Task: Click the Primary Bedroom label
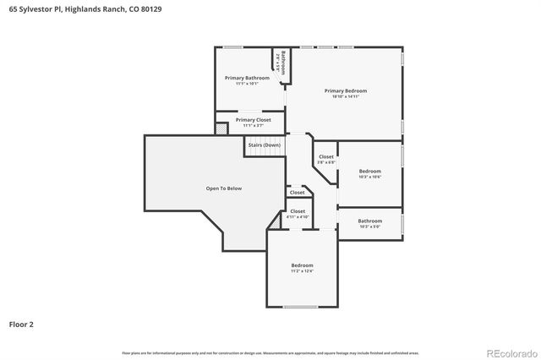[x=346, y=90]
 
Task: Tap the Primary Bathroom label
[x=247, y=78]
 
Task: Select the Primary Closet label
[x=253, y=120]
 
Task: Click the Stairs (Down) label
[x=264, y=145]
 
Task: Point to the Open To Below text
[x=224, y=188]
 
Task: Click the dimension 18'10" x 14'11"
[x=346, y=97]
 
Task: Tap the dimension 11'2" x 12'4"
[x=303, y=271]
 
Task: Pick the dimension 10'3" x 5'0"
[x=370, y=226]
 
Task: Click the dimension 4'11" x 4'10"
[x=298, y=217]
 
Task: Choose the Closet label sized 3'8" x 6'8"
[x=326, y=157]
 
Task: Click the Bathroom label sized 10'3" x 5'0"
[x=370, y=221]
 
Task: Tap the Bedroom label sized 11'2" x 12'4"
[x=303, y=265]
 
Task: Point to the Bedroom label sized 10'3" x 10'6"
[x=370, y=171]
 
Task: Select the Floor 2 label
[x=21, y=324]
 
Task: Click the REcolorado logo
[x=510, y=352]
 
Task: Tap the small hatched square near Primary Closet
[x=221, y=128]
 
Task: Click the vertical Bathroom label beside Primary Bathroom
[x=283, y=63]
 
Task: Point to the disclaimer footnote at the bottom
[x=270, y=352]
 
